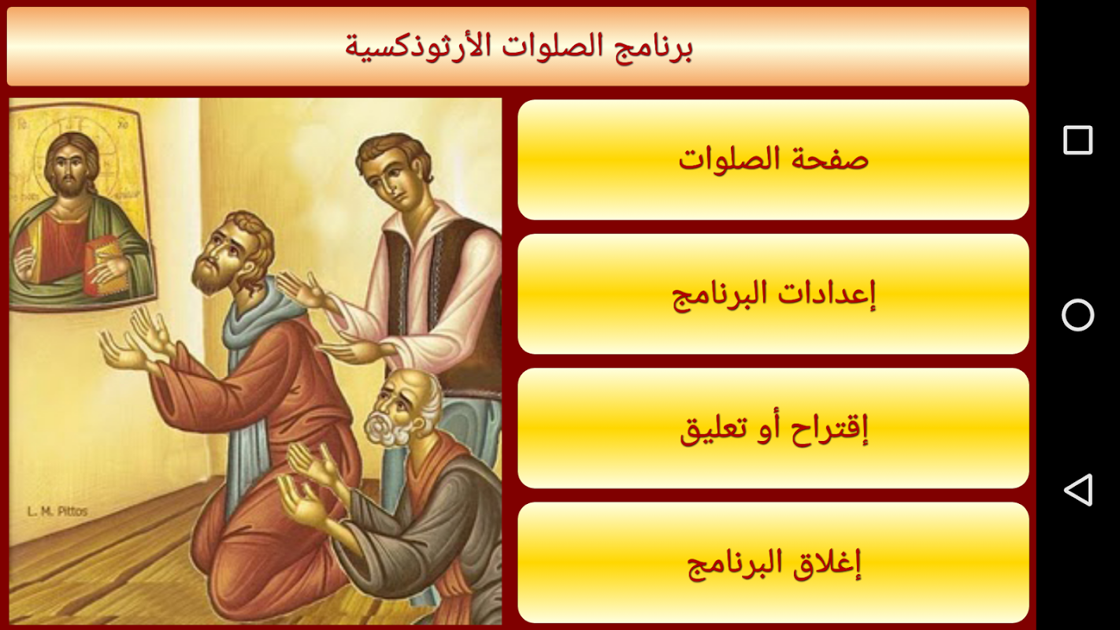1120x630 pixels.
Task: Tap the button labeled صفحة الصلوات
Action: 773,160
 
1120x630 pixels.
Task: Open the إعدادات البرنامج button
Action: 773,294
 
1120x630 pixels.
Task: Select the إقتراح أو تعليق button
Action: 773,428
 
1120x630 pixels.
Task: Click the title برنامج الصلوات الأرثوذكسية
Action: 518,47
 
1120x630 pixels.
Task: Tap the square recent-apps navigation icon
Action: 1077,140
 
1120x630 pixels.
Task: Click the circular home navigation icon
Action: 1077,315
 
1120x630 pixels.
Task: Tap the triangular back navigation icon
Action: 1077,490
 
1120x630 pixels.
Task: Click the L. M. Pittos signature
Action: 57,511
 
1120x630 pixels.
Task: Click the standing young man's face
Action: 395,177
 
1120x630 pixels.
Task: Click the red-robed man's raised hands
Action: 135,340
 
